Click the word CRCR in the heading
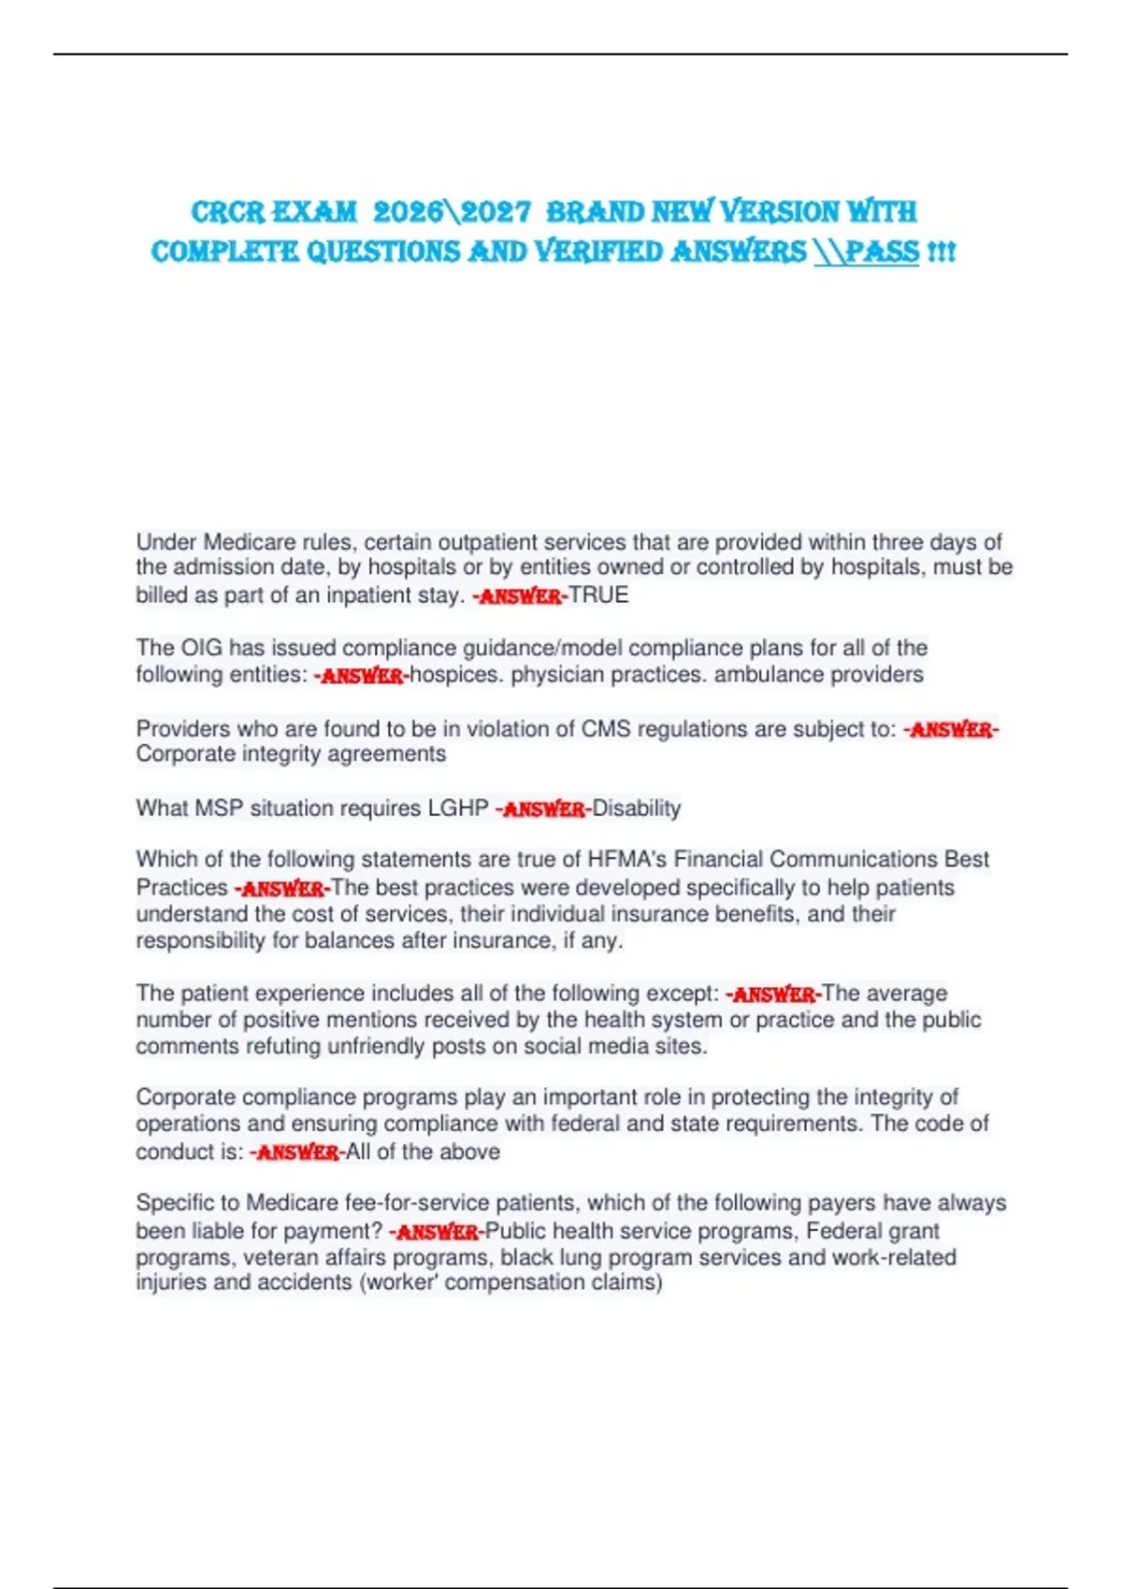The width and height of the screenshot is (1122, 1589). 228,212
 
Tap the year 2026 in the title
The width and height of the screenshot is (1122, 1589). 408,212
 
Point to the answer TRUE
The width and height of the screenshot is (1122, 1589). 598,595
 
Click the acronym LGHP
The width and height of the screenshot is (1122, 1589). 458,809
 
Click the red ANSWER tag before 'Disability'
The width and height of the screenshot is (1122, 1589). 543,809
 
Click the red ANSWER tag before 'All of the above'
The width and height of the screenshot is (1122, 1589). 297,1152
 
